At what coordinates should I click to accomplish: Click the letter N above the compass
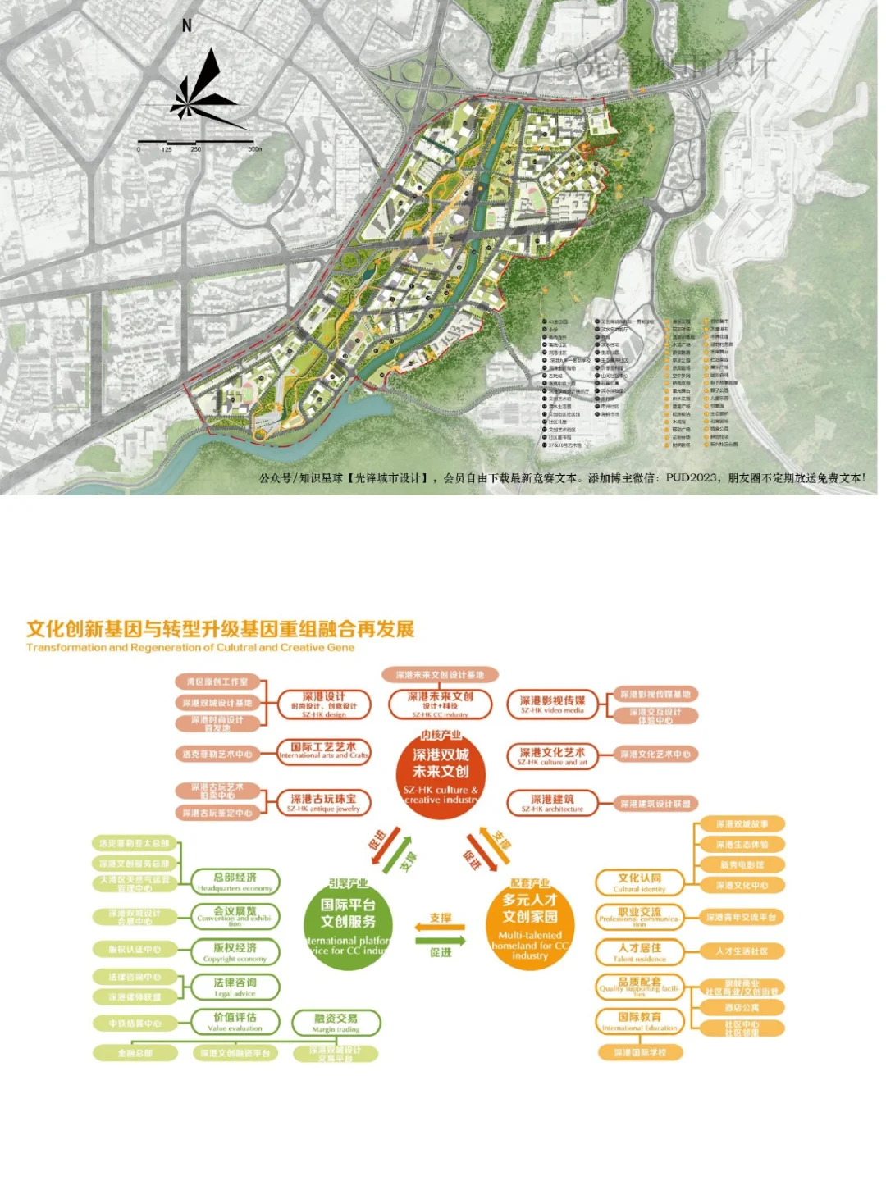(187, 26)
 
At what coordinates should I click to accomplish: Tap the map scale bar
(196, 144)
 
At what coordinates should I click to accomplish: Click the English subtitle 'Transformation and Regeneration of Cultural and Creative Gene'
(190, 648)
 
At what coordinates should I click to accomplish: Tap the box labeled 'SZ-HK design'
(324, 704)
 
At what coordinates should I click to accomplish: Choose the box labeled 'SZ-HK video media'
(552, 704)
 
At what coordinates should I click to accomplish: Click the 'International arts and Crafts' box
(324, 751)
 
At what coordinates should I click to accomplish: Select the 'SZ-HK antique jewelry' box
(324, 802)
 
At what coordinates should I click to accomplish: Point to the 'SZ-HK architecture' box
(552, 802)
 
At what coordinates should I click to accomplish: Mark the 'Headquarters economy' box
(235, 882)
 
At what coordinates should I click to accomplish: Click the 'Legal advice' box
(235, 987)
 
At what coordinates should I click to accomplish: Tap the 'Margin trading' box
(336, 1023)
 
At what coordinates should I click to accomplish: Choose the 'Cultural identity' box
(639, 882)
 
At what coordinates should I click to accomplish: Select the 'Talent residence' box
(639, 952)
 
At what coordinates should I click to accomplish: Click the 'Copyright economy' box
(235, 952)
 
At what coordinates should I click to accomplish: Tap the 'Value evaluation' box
(235, 1022)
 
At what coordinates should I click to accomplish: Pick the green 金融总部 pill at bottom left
(135, 1053)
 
